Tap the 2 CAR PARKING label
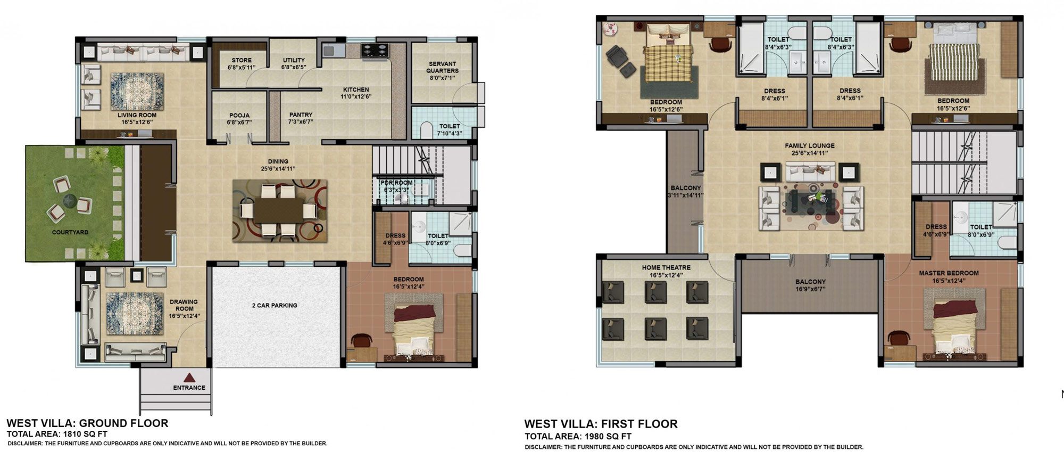point(275,306)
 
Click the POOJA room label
point(239,116)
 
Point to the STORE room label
point(242,60)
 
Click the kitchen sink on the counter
point(329,51)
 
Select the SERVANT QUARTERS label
point(442,67)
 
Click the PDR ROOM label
point(396,183)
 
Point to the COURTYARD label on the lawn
point(70,233)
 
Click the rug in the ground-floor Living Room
point(137,91)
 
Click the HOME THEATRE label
point(666,268)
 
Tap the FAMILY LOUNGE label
point(810,146)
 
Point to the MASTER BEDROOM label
point(949,273)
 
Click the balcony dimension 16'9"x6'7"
point(810,290)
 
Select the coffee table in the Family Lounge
point(809,203)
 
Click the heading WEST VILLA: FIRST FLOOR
point(601,424)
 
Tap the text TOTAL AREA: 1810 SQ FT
point(57,435)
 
